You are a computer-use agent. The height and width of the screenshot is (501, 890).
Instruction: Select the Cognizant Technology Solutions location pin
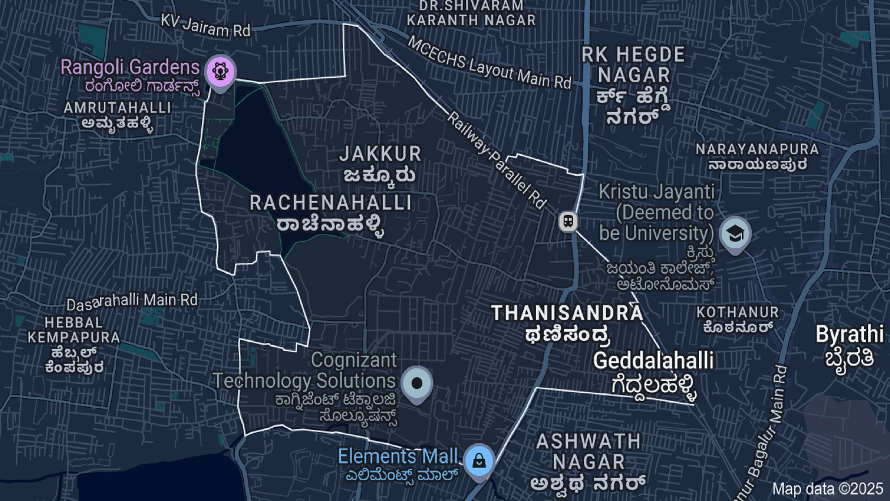pyautogui.click(x=417, y=384)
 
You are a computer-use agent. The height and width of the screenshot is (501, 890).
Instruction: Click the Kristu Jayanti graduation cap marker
pyautogui.click(x=735, y=233)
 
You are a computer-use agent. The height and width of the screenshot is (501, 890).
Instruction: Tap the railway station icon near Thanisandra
pyautogui.click(x=568, y=221)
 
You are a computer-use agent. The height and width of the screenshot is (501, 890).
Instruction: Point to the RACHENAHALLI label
pyautogui.click(x=331, y=203)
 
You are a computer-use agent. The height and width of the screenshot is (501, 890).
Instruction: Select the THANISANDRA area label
pyautogui.click(x=567, y=314)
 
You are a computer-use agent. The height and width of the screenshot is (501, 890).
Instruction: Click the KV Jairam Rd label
pyautogui.click(x=205, y=26)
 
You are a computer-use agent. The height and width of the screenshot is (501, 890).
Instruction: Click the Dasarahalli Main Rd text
pyautogui.click(x=132, y=302)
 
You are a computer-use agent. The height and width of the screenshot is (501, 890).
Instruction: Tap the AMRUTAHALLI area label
pyautogui.click(x=117, y=108)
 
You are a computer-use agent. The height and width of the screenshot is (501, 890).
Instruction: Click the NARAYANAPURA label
pyautogui.click(x=757, y=149)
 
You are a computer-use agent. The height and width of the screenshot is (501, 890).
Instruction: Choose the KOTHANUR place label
pyautogui.click(x=737, y=313)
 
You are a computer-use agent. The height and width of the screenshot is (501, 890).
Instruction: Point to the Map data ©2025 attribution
pyautogui.click(x=827, y=489)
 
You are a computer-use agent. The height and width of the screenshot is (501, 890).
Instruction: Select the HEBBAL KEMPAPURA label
pyautogui.click(x=74, y=330)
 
